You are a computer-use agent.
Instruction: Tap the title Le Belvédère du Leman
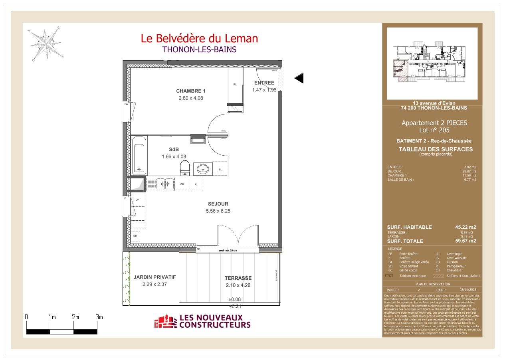199,38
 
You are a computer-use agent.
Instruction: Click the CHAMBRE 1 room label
190,91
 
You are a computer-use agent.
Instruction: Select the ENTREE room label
264,83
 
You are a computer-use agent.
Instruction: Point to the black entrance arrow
299,78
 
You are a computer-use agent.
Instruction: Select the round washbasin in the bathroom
203,169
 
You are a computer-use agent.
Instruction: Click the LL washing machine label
220,170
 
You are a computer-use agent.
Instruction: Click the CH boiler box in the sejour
135,235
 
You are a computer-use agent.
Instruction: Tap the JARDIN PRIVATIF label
154,277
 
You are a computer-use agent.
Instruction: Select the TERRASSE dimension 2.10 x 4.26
238,285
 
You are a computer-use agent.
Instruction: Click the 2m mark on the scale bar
75,317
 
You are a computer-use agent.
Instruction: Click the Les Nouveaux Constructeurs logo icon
165,322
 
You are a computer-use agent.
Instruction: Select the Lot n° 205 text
434,130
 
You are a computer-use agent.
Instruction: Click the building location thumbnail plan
432,63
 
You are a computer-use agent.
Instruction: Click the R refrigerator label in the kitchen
196,184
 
